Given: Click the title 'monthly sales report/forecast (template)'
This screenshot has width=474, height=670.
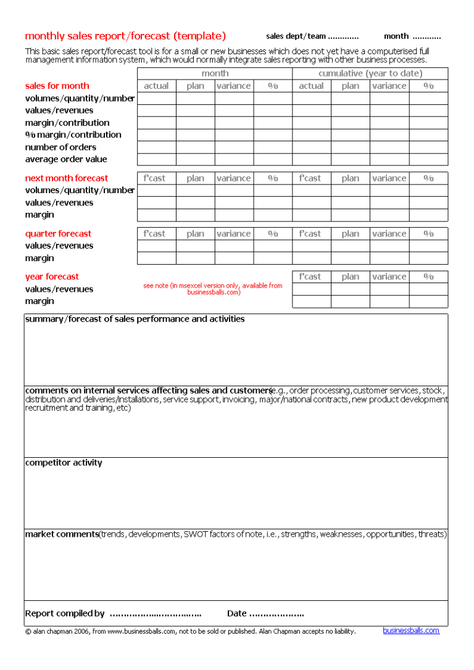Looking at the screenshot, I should coord(125,36).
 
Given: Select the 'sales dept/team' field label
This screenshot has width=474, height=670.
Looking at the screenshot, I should coord(296,36).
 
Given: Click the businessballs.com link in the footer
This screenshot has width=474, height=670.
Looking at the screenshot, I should coord(411,631).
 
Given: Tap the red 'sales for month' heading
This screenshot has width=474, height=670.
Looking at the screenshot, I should coord(57,86).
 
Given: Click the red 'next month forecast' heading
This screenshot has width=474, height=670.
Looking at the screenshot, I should coord(66,178).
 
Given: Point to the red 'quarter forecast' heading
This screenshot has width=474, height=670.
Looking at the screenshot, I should coord(58,234).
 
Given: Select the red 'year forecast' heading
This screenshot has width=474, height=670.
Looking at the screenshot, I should coord(52,277).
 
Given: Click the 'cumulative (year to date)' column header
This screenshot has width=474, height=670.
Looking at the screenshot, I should coord(370,73).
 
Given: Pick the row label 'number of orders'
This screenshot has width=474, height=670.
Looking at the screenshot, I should coord(60,147).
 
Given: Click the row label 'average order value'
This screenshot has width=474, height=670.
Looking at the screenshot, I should coord(66,160).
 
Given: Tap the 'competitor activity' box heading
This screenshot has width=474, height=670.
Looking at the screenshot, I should coord(64,463).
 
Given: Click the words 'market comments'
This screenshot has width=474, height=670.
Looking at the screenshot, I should coord(62,534).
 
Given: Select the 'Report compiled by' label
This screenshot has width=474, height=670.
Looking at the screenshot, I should coord(64,614).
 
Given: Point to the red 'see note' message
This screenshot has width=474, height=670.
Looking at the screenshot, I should coord(213,289).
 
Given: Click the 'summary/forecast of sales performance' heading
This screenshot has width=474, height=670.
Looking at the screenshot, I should coord(135,320).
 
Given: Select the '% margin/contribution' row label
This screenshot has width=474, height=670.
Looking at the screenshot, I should coord(73,135).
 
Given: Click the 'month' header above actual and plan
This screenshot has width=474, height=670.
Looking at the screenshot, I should coord(215,73).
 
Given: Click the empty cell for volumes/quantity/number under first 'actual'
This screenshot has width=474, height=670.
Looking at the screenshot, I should coord(156,98).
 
